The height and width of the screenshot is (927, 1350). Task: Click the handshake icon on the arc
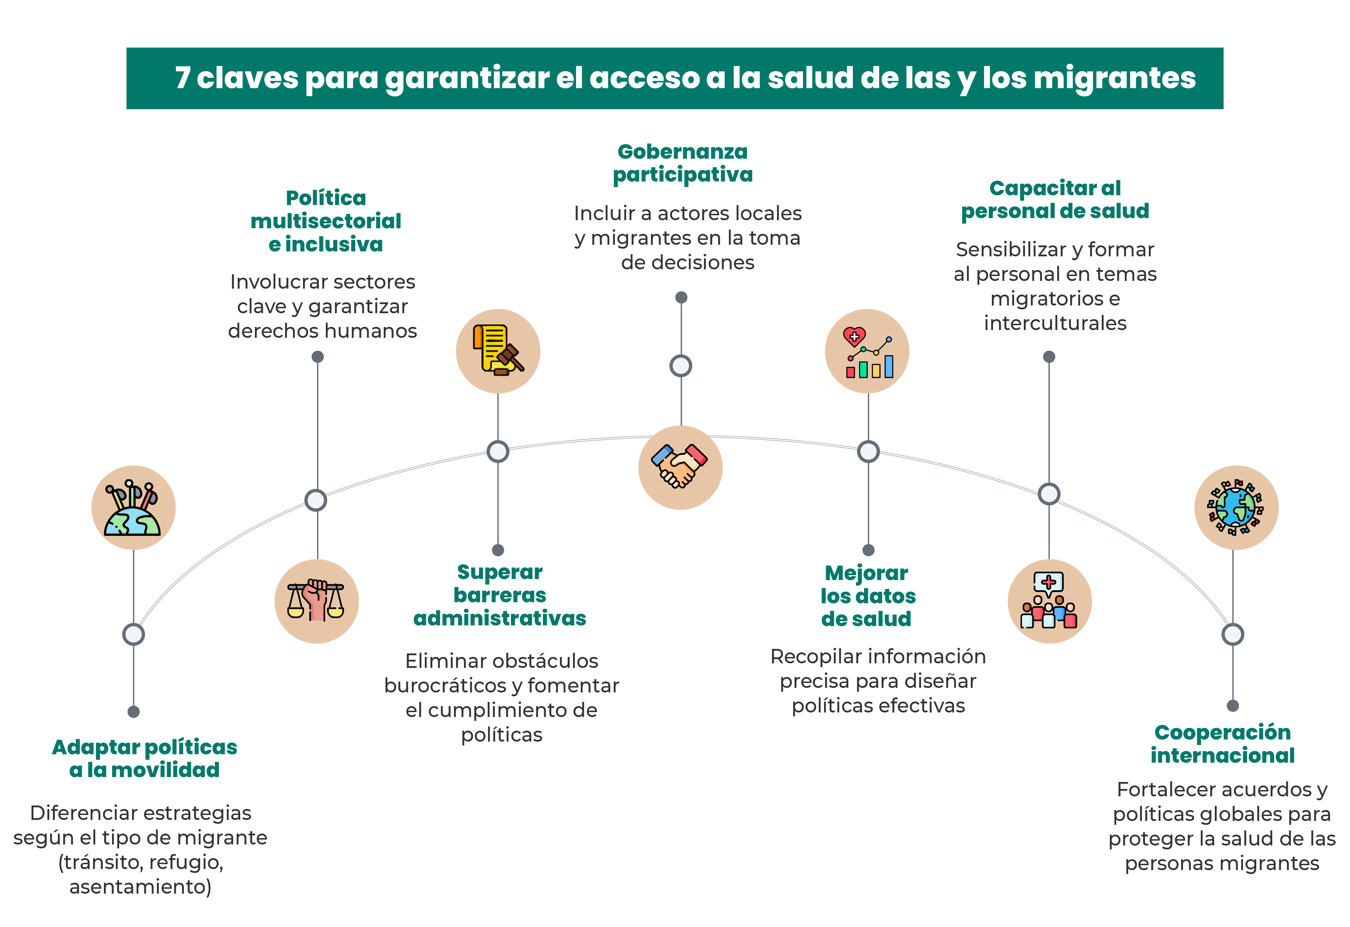click(x=680, y=468)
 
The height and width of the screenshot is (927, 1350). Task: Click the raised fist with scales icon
click(x=317, y=601)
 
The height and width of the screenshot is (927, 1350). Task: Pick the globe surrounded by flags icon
click(x=1236, y=508)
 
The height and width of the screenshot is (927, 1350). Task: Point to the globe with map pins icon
click(x=134, y=508)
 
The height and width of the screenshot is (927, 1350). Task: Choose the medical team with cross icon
click(x=1050, y=601)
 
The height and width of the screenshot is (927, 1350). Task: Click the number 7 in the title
click(x=183, y=78)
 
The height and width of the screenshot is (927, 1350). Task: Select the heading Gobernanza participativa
click(x=683, y=163)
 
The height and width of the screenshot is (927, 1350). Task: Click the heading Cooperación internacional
click(x=1223, y=744)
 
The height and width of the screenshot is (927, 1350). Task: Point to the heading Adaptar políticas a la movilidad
click(x=145, y=758)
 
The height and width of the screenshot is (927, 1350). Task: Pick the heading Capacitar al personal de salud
click(x=1055, y=200)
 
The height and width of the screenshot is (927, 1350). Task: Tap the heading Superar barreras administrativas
click(x=500, y=595)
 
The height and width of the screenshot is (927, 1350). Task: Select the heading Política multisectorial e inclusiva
click(x=326, y=221)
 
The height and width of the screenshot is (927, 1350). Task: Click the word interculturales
click(x=1055, y=323)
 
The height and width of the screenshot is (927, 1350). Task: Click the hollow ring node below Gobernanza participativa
click(x=681, y=366)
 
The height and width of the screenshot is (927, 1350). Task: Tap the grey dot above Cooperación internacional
click(x=1233, y=706)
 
